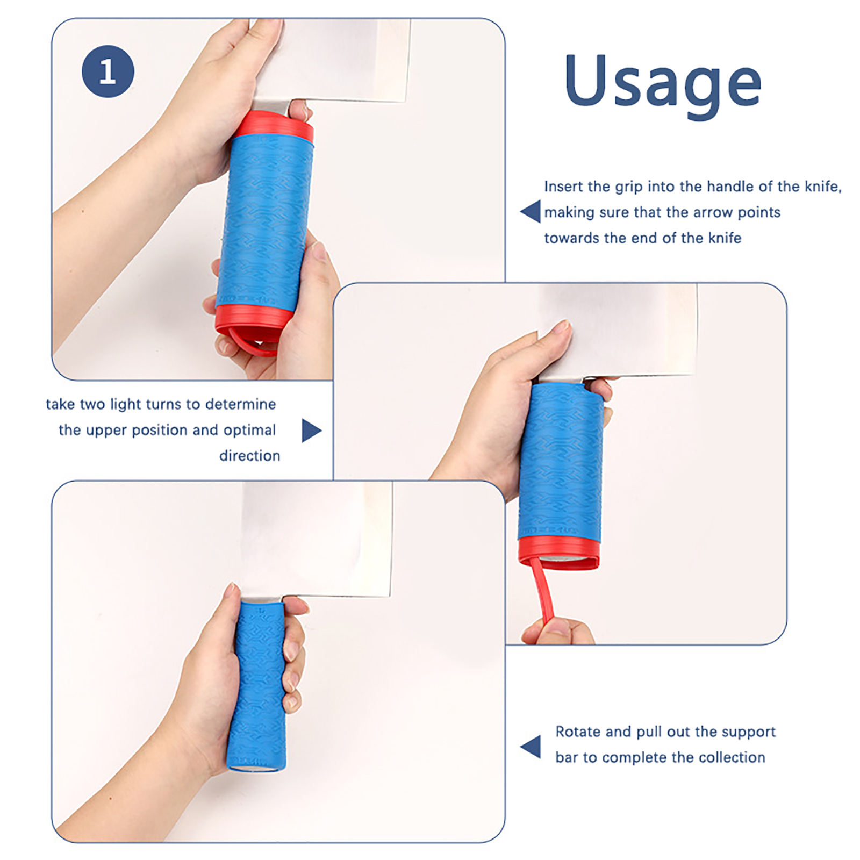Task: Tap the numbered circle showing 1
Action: (x=107, y=71)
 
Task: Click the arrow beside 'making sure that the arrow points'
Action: (x=531, y=211)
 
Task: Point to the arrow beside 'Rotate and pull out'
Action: (x=531, y=747)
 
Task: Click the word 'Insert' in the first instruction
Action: (x=563, y=187)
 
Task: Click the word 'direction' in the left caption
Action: (x=249, y=456)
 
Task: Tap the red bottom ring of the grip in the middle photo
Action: (x=558, y=551)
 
